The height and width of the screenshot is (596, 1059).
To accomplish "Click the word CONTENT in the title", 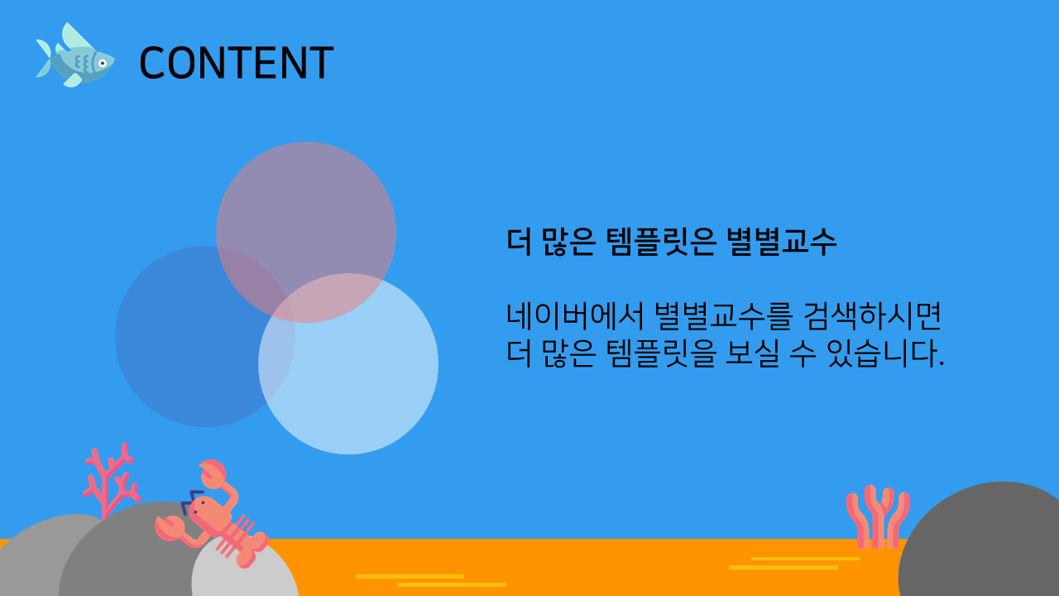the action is tap(237, 62).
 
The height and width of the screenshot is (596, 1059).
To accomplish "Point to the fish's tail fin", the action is tap(44, 58).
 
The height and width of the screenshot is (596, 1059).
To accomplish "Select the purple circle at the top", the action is tap(306, 232).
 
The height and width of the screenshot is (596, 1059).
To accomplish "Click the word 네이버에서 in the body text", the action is tap(575, 316).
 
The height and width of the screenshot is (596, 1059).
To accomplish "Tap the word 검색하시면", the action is tap(872, 316).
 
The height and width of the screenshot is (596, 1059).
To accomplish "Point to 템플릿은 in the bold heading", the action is tap(661, 242).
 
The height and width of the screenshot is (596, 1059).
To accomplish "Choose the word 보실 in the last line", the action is tap(752, 353).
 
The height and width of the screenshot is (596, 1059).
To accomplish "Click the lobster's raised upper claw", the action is tap(213, 473).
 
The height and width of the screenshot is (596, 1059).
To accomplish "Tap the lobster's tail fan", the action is tap(253, 551).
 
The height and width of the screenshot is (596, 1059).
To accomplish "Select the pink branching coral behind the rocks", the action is tap(111, 480).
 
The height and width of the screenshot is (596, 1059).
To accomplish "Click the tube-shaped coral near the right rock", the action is tap(878, 517).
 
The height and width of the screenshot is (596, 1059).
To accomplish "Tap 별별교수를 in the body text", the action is tap(723, 316).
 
